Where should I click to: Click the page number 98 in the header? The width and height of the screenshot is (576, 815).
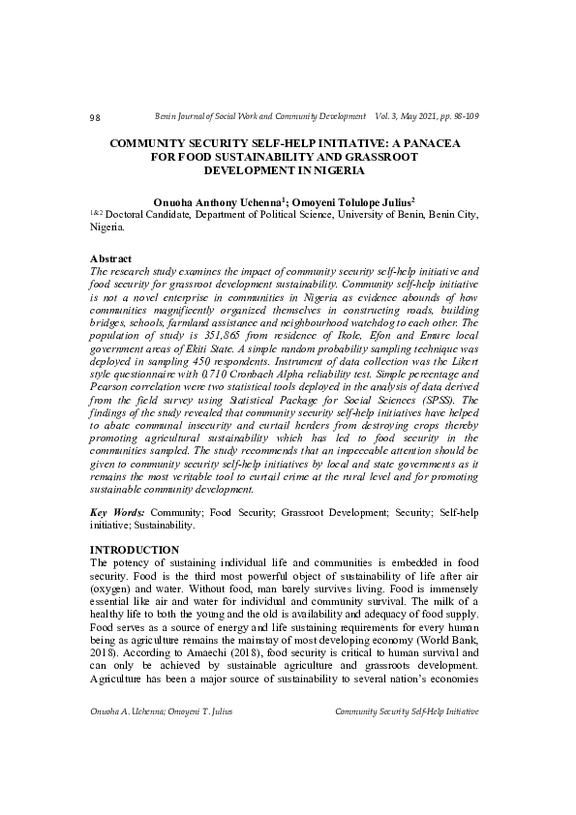coord(95,118)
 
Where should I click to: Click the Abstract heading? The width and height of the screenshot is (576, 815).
coord(110,260)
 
